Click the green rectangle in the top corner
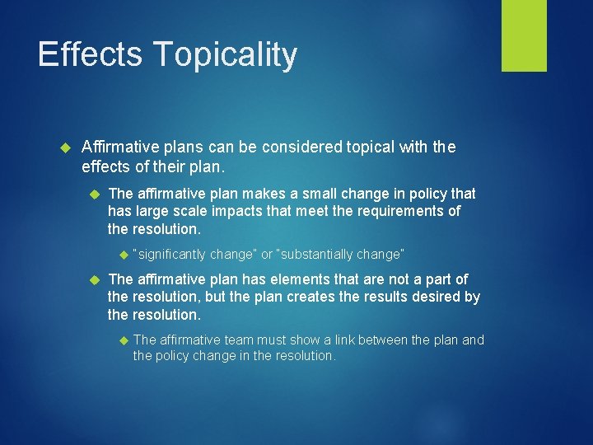[524, 35]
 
